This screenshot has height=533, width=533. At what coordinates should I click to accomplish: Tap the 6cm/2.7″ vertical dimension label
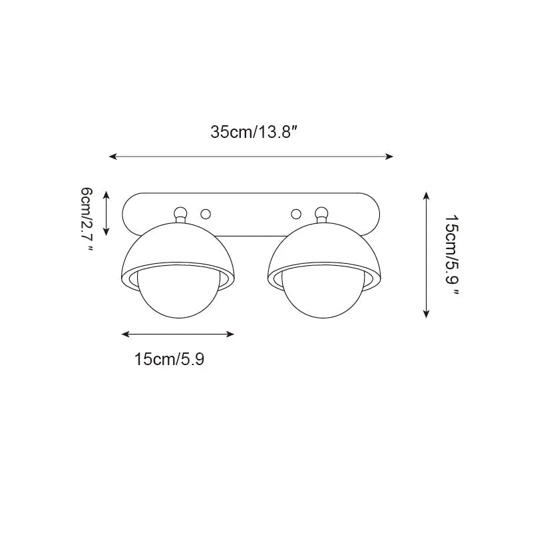click(x=87, y=219)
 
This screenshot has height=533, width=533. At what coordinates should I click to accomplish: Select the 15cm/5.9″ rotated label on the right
click(x=452, y=255)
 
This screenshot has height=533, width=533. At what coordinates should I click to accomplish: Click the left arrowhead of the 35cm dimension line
click(x=112, y=157)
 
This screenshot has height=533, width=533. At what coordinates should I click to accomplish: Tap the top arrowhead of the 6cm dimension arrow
click(x=107, y=192)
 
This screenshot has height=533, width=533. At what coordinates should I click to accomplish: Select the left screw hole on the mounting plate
click(x=206, y=214)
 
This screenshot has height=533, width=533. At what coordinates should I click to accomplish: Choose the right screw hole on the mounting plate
click(x=297, y=214)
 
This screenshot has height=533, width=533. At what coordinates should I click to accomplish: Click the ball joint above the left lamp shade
click(x=180, y=213)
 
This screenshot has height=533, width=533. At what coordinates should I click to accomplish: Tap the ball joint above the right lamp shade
click(x=322, y=213)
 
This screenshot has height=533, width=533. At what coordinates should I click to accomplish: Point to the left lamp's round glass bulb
click(x=180, y=293)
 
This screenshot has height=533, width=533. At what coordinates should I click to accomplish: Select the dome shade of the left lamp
click(x=180, y=247)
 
